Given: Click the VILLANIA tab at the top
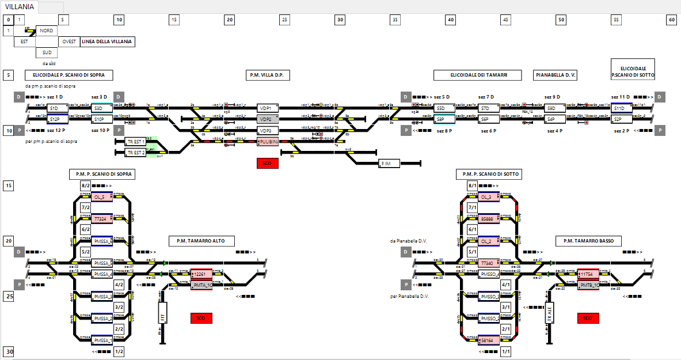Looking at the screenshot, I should point(19,7).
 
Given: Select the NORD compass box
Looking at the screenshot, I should point(47,31).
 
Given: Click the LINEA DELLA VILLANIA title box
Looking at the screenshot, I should point(107,41).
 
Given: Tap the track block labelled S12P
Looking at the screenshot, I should point(54,119).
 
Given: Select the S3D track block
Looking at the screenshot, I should point(98,108).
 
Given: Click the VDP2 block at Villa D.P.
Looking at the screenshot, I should point(266,119).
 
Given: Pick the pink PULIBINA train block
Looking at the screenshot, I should point(268,141).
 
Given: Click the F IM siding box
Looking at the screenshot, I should point(389,164).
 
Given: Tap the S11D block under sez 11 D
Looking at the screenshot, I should point(619,108).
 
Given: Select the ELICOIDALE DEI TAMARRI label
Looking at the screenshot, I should point(478,75).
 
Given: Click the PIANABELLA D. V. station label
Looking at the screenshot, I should point(556,75).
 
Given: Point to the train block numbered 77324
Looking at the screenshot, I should point(101,219).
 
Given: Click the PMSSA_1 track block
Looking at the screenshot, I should point(102,340).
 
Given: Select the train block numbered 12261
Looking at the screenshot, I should point(201,275).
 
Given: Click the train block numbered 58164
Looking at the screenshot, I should point(488,340).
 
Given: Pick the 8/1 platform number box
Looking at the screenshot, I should point(473,186).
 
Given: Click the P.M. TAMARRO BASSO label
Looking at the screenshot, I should point(588,241).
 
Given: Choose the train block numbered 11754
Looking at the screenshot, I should point(588,275).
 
